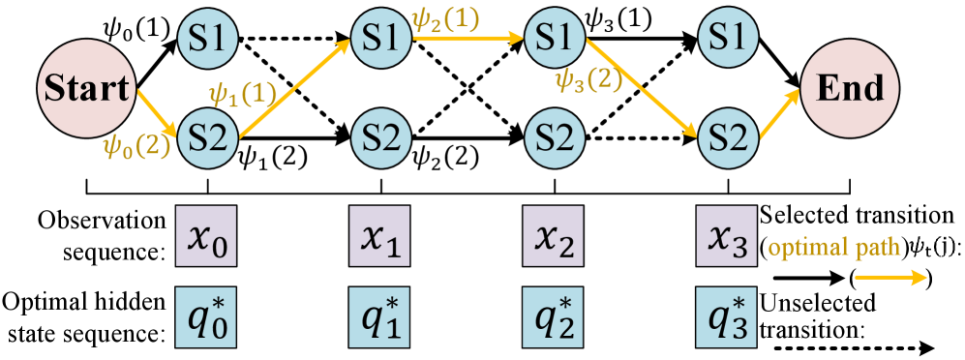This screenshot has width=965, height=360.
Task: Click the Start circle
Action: [83, 89]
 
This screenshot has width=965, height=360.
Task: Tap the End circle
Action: [850, 89]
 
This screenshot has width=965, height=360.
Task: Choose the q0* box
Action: [205, 316]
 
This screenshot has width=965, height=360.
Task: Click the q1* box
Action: [379, 316]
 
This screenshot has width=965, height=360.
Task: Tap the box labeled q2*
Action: [553, 316]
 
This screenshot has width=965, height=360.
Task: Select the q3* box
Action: [726, 316]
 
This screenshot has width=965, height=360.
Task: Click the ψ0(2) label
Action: [137, 146]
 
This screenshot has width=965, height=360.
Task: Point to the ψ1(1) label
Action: [243, 94]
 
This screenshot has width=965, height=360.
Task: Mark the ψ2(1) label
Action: [445, 20]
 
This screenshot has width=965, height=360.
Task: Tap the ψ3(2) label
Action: [588, 80]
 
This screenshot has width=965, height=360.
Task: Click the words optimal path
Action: [834, 247]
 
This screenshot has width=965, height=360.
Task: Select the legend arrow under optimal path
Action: [890, 279]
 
